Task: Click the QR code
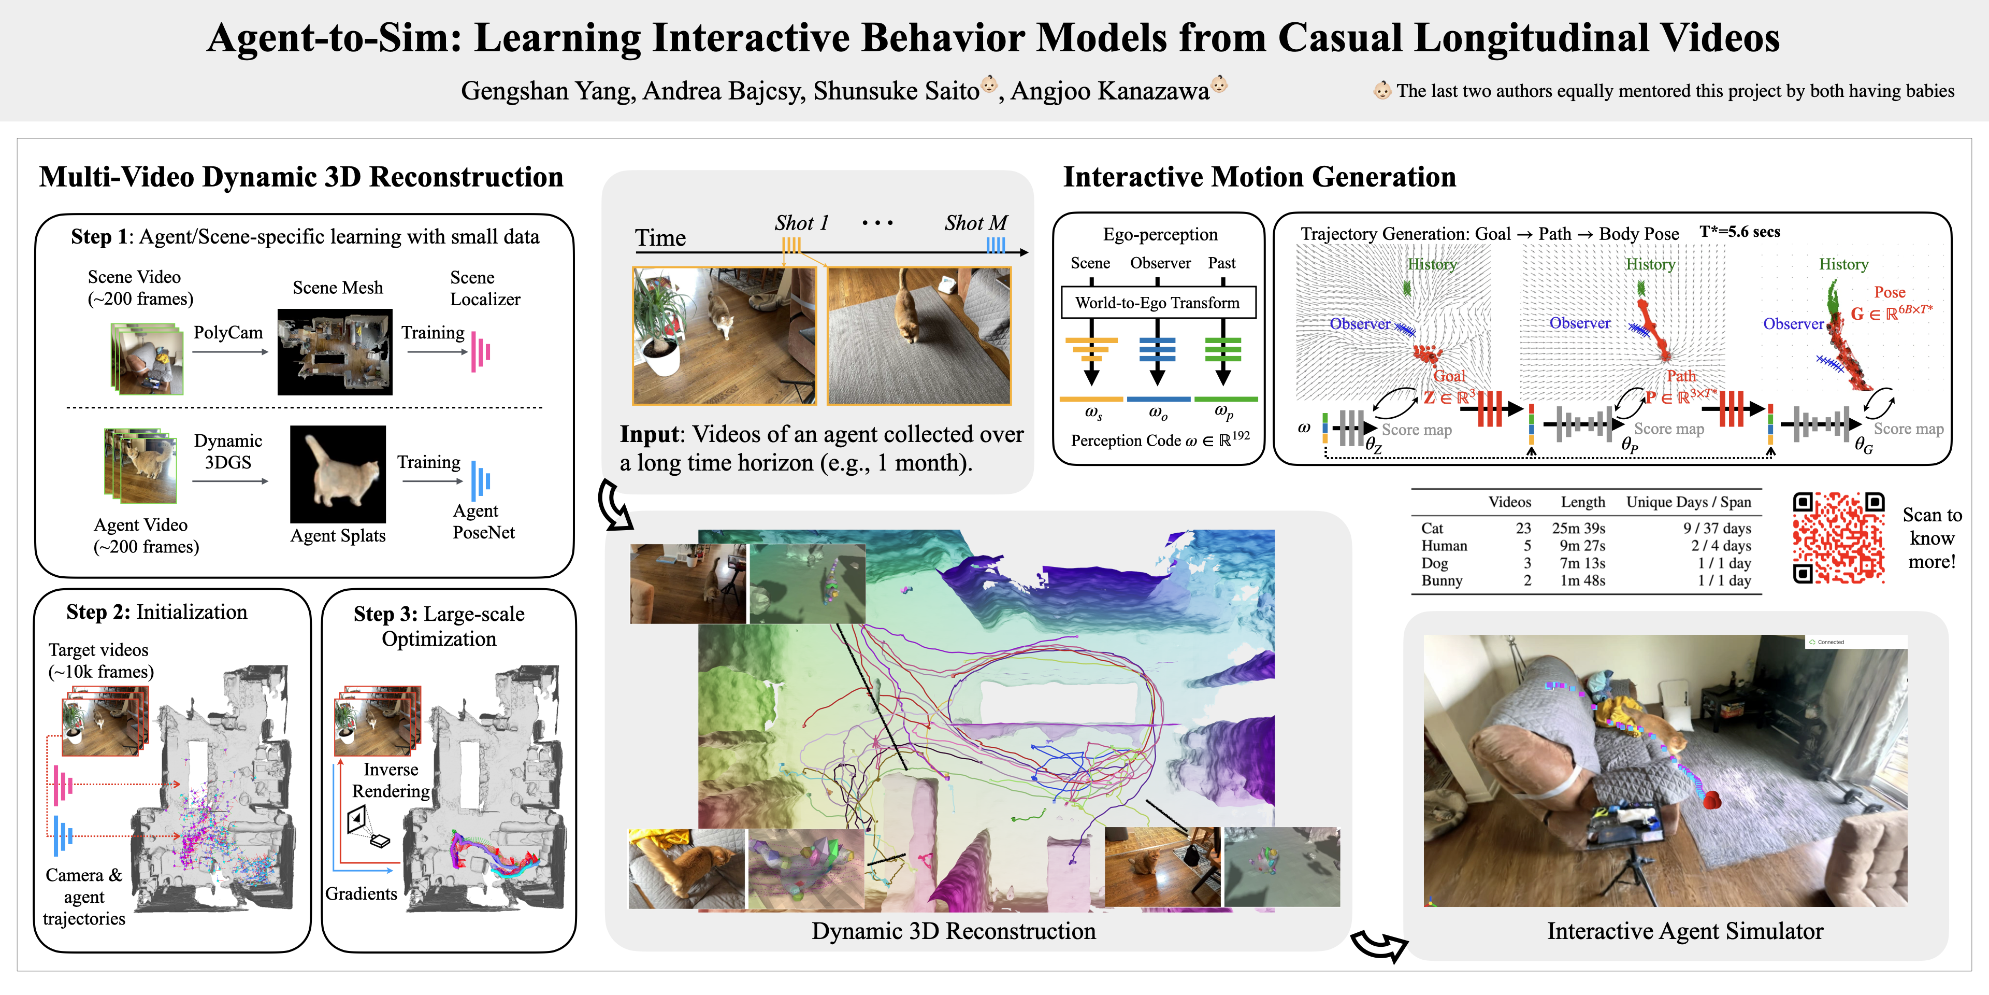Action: click(1838, 538)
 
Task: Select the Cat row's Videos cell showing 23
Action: click(1523, 529)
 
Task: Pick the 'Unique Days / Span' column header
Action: click(1689, 502)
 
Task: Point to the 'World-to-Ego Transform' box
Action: click(1158, 303)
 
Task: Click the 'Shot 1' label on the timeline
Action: click(801, 223)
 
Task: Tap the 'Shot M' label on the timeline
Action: click(975, 223)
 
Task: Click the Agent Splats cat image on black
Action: click(337, 474)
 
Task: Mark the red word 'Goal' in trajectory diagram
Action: click(1449, 376)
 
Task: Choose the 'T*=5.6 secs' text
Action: click(1740, 232)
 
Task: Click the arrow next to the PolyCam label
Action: click(229, 352)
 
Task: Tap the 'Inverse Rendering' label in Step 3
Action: click(391, 780)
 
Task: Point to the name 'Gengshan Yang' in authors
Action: click(547, 91)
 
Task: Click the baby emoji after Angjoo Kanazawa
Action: click(1219, 83)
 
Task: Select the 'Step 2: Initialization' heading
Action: click(157, 612)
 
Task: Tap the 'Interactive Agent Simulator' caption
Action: click(1685, 931)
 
